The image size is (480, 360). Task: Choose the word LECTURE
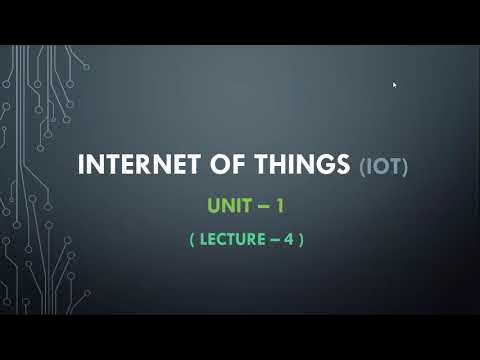[230, 240]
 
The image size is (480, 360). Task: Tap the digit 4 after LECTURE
[286, 240]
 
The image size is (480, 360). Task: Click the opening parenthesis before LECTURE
[192, 240]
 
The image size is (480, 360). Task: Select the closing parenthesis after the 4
[299, 240]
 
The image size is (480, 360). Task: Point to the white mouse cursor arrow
[395, 86]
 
